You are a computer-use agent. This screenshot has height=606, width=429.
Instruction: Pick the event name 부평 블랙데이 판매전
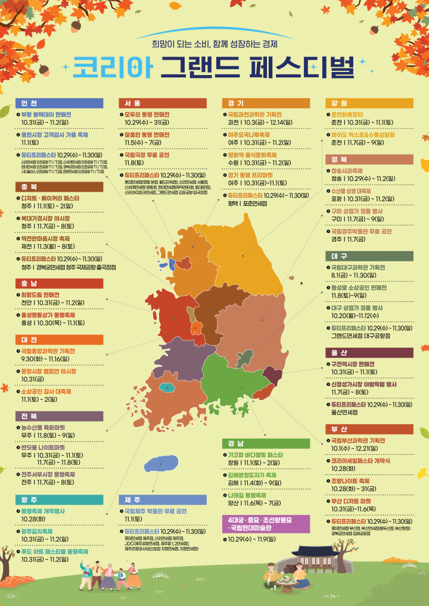(46, 114)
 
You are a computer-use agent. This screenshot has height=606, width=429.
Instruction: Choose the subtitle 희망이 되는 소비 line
(214, 44)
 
